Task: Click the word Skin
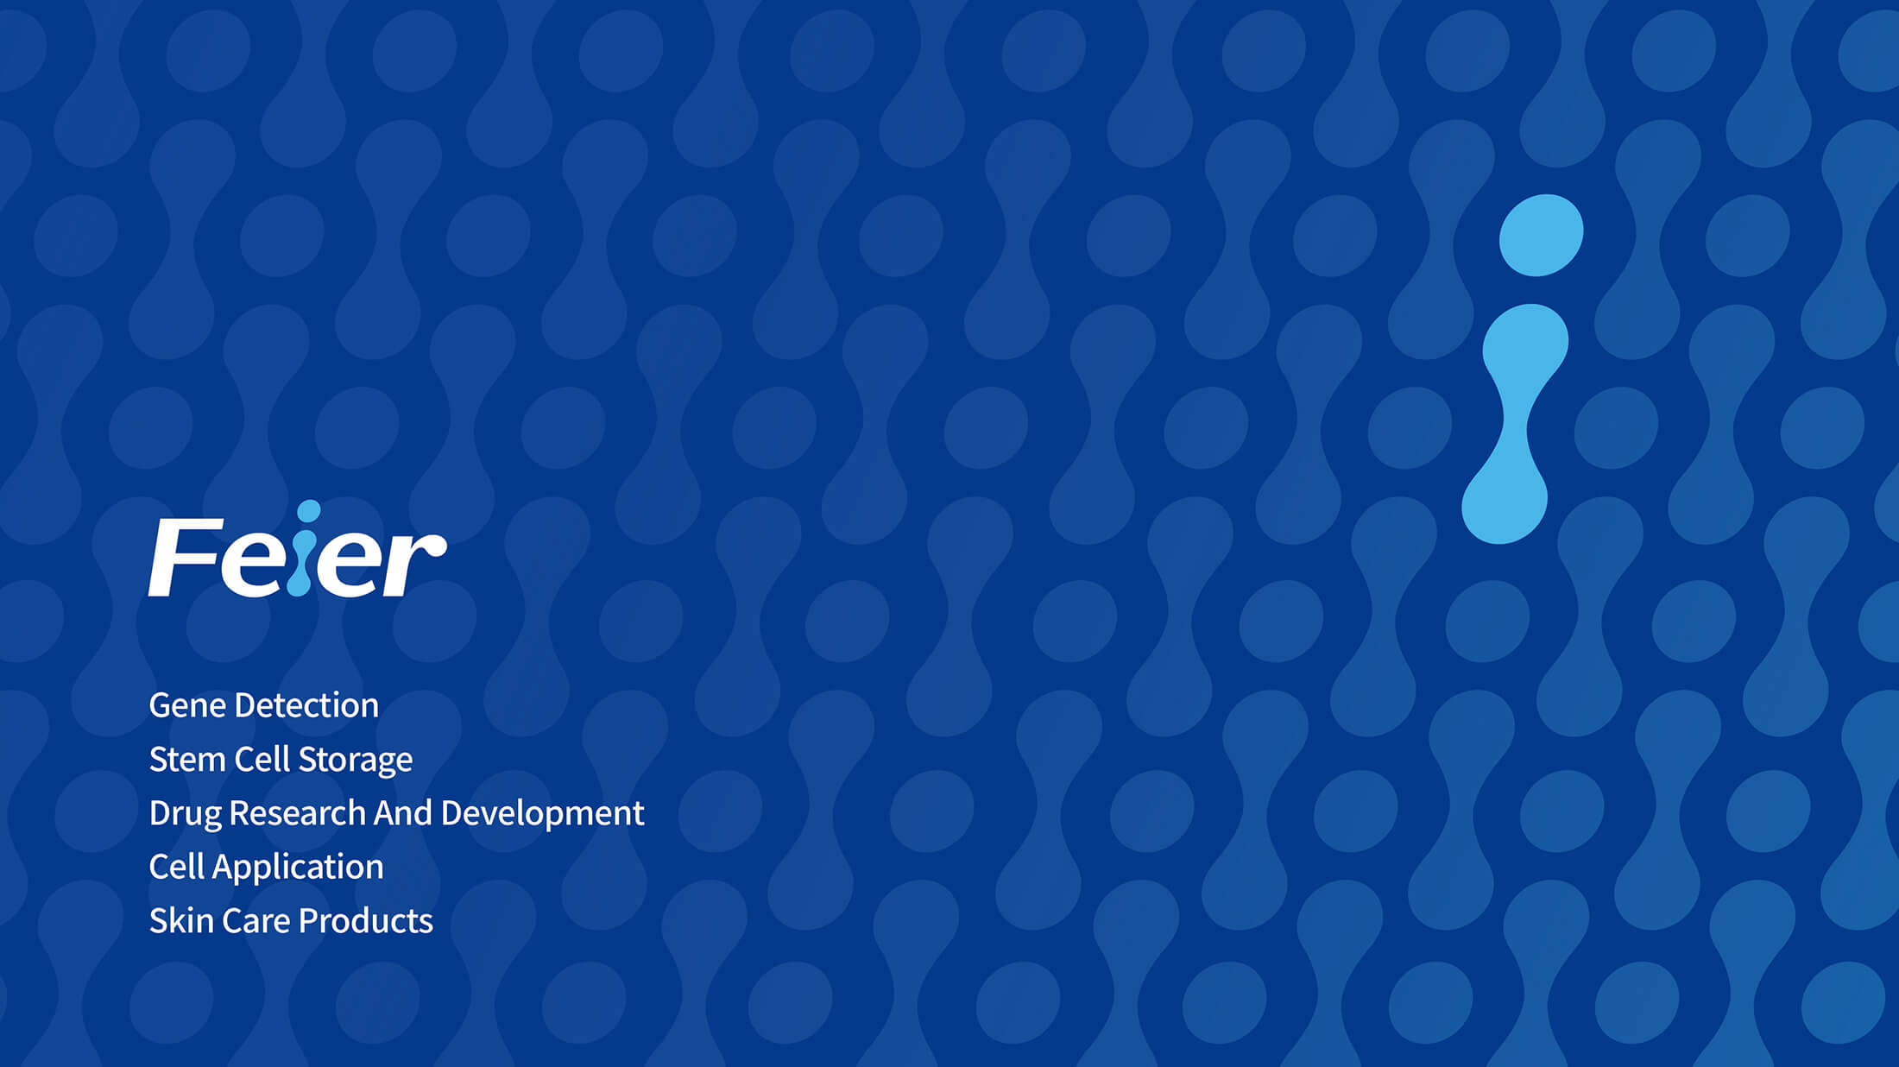(181, 921)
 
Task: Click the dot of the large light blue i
(1542, 236)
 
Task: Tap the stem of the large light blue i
(1515, 424)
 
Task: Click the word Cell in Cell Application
(177, 867)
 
